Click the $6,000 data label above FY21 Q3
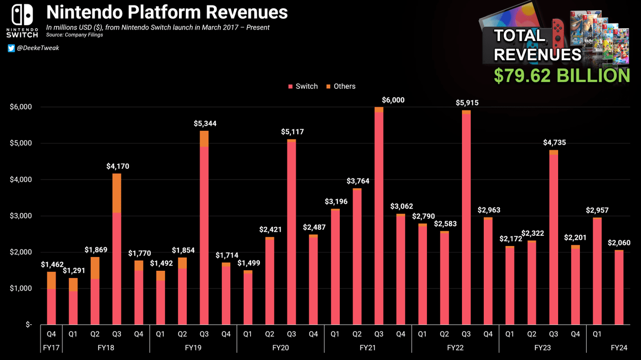click(393, 100)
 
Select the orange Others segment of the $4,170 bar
click(117, 193)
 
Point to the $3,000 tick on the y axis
click(21, 216)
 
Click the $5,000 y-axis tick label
click(21, 144)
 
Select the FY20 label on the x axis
click(280, 348)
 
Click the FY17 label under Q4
click(51, 348)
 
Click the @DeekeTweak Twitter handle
click(37, 48)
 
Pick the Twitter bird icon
click(11, 48)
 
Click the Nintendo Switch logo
click(22, 21)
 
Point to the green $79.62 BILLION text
click(562, 75)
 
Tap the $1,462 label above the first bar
click(52, 265)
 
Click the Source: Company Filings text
click(74, 35)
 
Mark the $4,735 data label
click(554, 143)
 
